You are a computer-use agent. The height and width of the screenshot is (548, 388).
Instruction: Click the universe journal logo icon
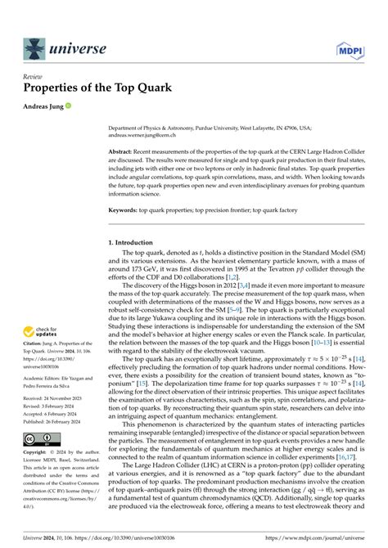pyautogui.click(x=34, y=48)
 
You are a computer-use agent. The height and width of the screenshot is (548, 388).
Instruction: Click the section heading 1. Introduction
pyautogui.click(x=133, y=243)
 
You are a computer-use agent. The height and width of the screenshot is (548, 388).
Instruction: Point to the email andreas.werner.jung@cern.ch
pyautogui.click(x=145, y=136)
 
